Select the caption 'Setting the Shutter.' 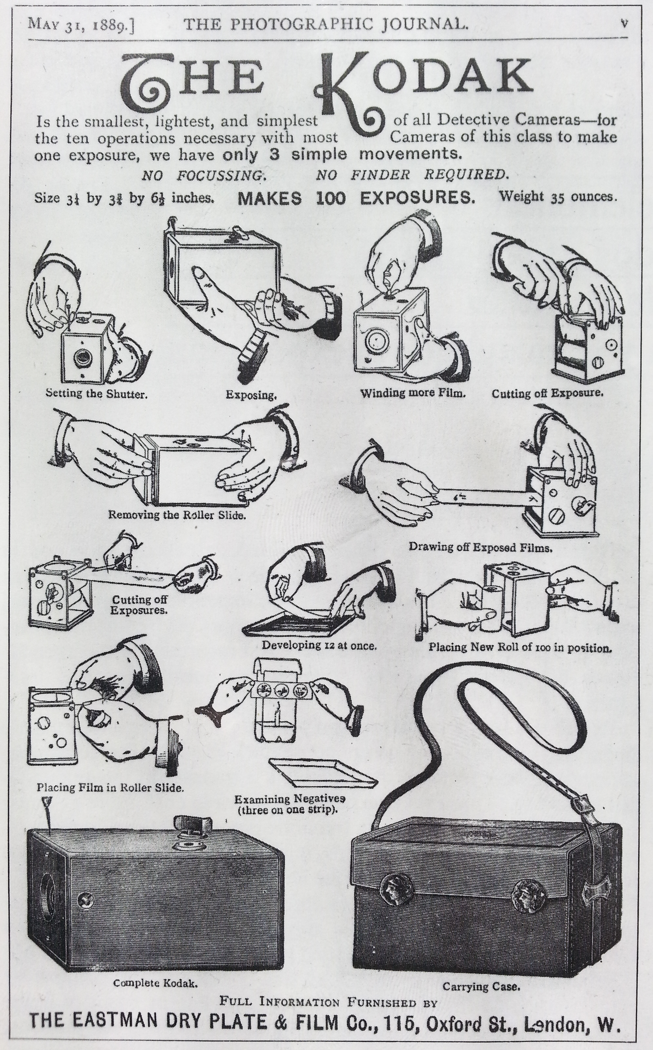pyautogui.click(x=97, y=394)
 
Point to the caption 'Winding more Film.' pyautogui.click(x=413, y=393)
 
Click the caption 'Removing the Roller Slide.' pyautogui.click(x=177, y=515)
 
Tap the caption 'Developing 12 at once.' pyautogui.click(x=319, y=645)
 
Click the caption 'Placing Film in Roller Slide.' pyautogui.click(x=110, y=787)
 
